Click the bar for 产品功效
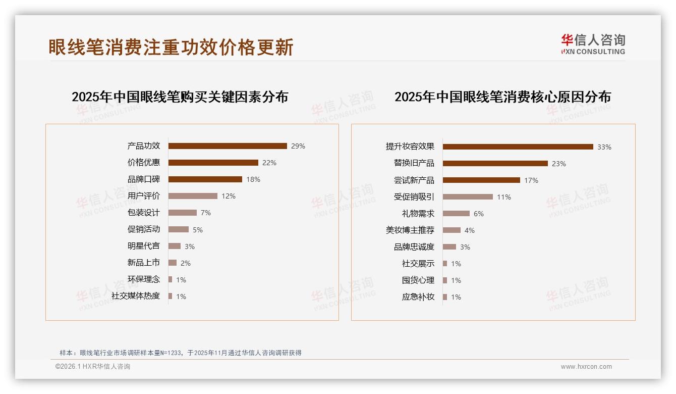point(228,146)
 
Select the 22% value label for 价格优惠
point(269,163)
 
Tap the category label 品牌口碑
point(143,179)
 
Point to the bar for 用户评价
point(193,196)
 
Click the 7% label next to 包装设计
point(205,213)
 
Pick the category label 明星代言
point(143,246)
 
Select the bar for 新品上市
point(173,263)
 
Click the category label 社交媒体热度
point(136,296)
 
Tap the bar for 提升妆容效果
point(518,147)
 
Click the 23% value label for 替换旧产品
point(558,164)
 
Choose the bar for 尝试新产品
point(481,180)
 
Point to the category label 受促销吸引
point(414,197)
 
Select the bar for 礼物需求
point(456,214)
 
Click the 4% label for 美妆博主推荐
point(469,230)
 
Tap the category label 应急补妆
point(418,297)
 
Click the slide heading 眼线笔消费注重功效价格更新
point(171,47)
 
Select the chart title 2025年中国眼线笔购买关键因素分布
point(180,97)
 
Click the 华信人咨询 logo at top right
point(593,44)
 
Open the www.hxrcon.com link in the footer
point(586,367)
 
